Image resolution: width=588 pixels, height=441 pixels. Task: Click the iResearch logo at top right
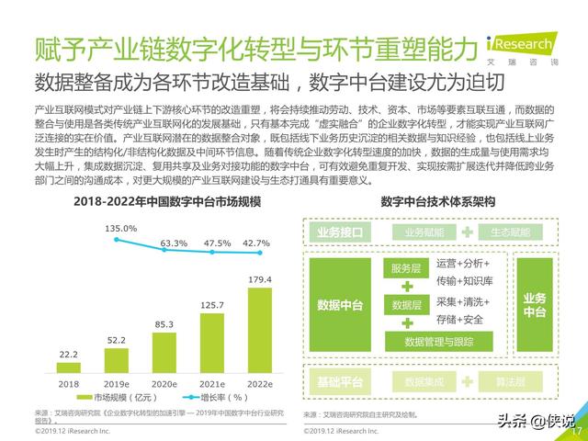pos(528,46)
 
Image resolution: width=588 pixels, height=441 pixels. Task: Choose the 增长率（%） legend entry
pos(216,398)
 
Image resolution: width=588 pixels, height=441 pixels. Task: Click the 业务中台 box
pos(535,304)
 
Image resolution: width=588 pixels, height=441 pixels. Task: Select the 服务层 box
pos(405,268)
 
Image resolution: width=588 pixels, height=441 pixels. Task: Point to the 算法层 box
pos(504,380)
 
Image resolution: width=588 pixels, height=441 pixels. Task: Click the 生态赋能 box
pos(504,232)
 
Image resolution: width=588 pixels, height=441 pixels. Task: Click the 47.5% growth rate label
pos(216,243)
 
